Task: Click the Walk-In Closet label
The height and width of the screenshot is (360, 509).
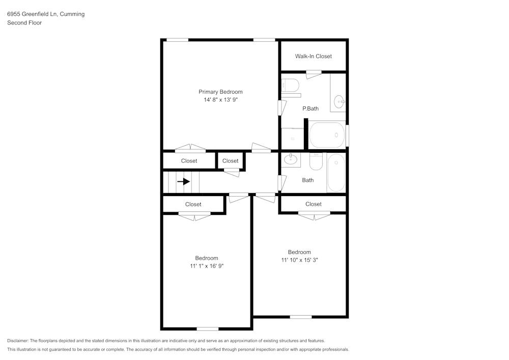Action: point(313,57)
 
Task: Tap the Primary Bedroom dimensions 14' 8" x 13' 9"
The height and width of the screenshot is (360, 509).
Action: point(220,100)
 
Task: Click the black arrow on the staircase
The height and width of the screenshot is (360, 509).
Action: point(183,181)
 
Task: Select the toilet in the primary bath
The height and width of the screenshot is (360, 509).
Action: point(291,85)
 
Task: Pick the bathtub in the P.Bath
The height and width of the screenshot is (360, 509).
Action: point(327,135)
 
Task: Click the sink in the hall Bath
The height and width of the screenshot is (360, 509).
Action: point(291,159)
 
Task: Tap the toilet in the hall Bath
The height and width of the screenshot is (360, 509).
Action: point(316,161)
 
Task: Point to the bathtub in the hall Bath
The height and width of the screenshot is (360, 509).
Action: point(336,173)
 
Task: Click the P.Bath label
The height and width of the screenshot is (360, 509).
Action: point(310,108)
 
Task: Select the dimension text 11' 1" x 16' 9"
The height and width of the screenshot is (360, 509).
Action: point(206,266)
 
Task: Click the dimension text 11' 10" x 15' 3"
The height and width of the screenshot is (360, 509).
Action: point(299,260)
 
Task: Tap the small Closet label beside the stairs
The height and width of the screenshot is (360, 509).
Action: point(230,161)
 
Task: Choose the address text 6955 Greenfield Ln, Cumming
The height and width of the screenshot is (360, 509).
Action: point(46,14)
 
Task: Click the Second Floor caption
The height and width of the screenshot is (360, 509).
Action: point(24,23)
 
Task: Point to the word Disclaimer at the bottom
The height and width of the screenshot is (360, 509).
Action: point(18,341)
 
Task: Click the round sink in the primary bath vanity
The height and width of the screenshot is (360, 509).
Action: point(339,102)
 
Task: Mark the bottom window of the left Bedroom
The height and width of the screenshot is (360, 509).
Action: point(208,329)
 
